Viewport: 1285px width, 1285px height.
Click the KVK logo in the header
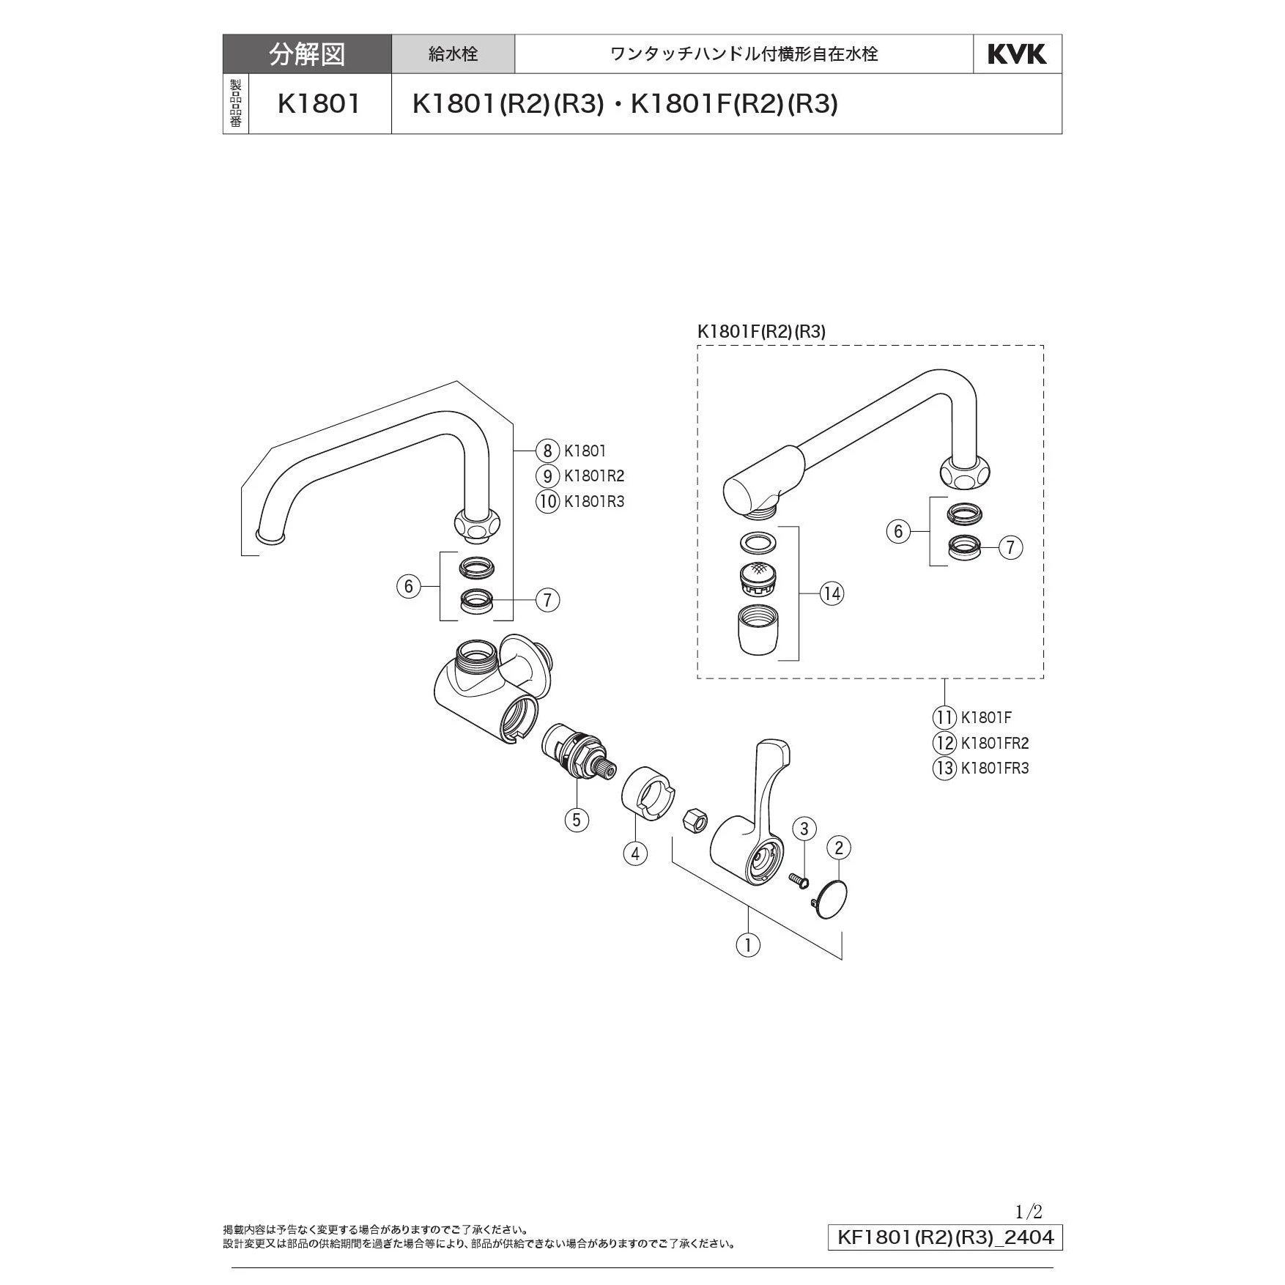pyautogui.click(x=1017, y=54)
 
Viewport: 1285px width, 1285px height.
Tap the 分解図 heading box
pyautogui.click(x=307, y=54)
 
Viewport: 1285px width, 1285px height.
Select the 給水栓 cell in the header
pyautogui.click(x=453, y=54)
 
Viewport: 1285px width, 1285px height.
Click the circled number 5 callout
pyautogui.click(x=577, y=819)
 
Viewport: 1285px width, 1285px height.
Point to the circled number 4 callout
pyautogui.click(x=635, y=853)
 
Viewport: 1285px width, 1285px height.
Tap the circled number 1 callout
pyautogui.click(x=748, y=944)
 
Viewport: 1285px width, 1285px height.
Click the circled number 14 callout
pyautogui.click(x=832, y=593)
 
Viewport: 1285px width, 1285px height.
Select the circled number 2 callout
pyautogui.click(x=839, y=848)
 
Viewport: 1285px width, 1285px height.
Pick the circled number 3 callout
pyautogui.click(x=804, y=829)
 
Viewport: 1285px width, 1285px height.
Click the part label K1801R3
pyautogui.click(x=593, y=502)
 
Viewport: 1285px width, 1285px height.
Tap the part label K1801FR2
pyautogui.click(x=994, y=743)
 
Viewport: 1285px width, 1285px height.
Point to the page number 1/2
pyautogui.click(x=1029, y=1212)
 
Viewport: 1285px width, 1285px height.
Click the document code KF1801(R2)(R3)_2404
pyautogui.click(x=945, y=1237)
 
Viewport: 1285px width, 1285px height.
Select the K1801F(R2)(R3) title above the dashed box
pyautogui.click(x=761, y=332)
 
